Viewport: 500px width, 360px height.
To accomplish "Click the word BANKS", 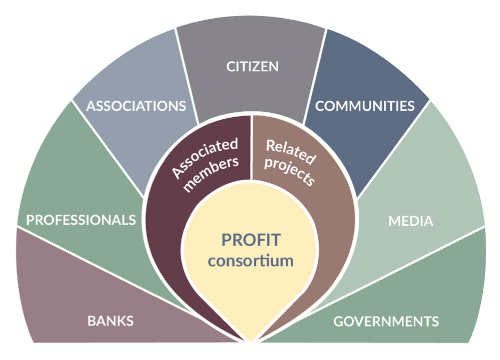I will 110,321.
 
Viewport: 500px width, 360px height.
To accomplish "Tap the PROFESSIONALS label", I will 81,220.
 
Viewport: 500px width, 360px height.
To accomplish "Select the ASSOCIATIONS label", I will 136,105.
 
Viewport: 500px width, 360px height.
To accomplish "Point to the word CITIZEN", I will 252,67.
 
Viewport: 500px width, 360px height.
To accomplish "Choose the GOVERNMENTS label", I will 386,322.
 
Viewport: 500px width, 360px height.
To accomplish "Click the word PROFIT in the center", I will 251,240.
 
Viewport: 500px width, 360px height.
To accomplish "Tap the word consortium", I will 251,261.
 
